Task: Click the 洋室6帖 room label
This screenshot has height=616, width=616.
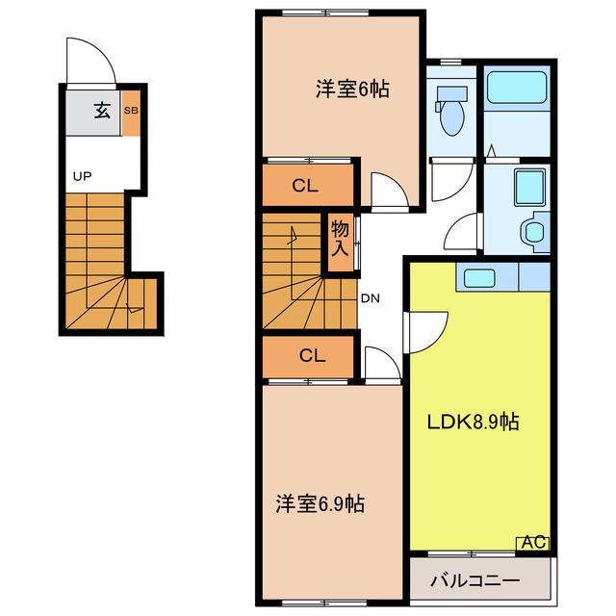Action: click(x=352, y=90)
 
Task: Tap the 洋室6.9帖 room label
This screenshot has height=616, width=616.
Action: click(x=320, y=503)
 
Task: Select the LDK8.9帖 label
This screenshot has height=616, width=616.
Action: click(x=473, y=422)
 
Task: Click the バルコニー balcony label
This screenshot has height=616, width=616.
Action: click(x=475, y=580)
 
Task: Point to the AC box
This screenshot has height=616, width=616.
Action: click(x=533, y=543)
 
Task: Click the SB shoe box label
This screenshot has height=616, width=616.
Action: click(x=131, y=111)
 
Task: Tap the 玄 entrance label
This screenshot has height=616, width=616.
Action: click(x=102, y=111)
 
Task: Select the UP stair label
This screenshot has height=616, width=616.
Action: click(x=82, y=176)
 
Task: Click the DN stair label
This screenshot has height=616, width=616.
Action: click(x=370, y=298)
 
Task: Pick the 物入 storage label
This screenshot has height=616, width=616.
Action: click(x=340, y=238)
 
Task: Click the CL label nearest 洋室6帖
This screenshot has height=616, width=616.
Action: click(x=305, y=186)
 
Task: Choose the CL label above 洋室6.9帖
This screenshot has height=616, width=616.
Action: click(x=312, y=355)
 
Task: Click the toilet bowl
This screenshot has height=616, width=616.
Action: click(x=452, y=117)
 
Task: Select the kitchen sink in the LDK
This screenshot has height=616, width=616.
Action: click(x=479, y=278)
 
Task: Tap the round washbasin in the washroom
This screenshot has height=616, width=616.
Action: click(x=533, y=233)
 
